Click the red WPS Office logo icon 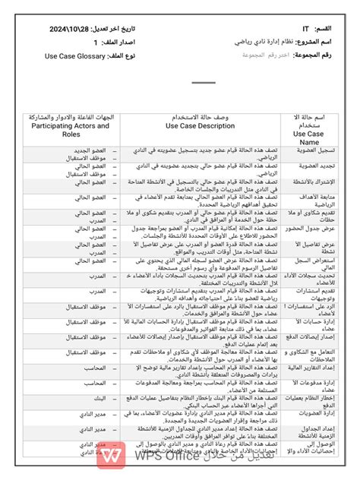[113, 457]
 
